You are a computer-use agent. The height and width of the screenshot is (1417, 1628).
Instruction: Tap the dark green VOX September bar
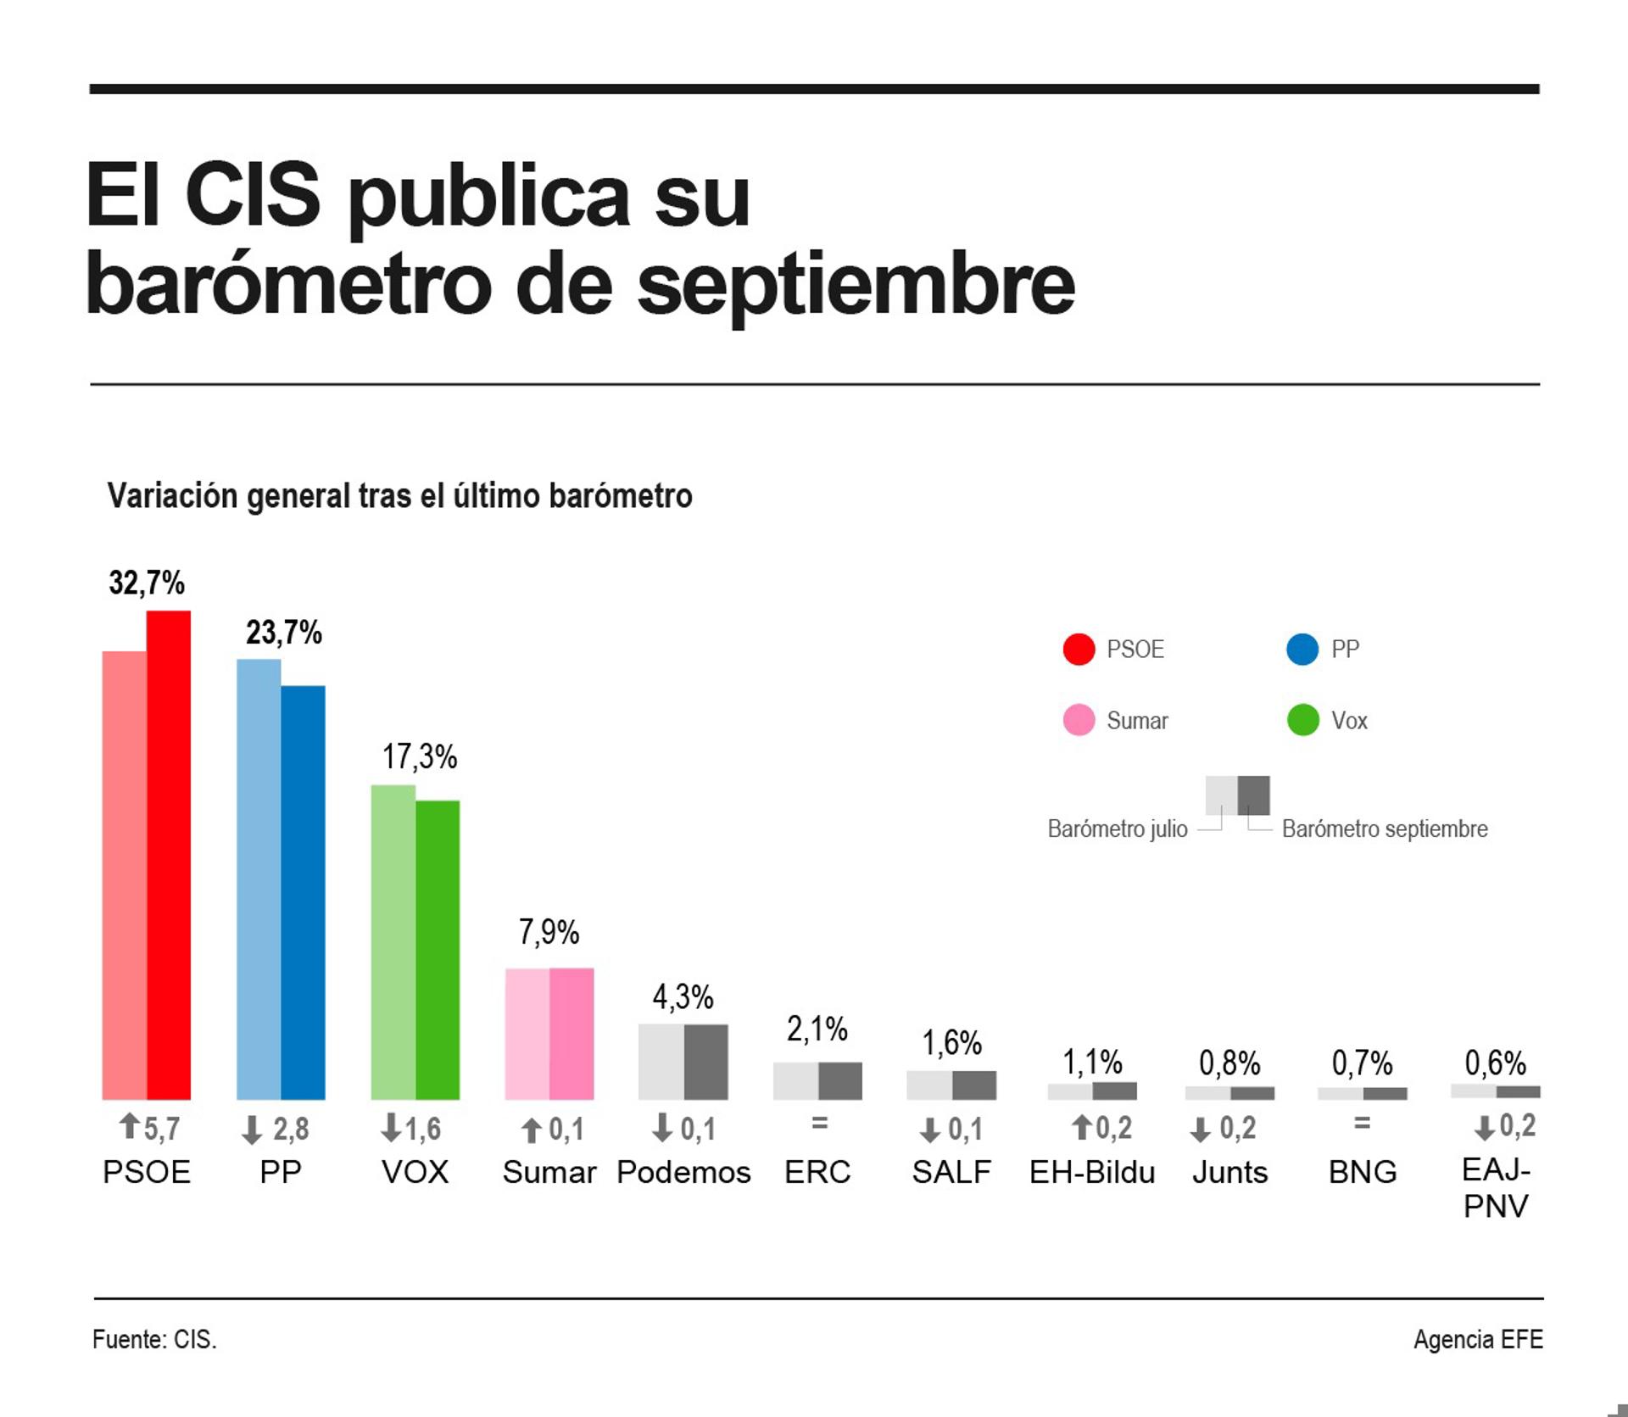438,950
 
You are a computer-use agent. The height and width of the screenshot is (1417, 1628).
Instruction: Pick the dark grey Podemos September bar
705,1062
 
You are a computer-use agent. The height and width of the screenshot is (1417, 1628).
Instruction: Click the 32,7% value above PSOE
147,583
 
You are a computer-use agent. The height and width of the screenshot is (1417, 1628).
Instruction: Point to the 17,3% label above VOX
419,756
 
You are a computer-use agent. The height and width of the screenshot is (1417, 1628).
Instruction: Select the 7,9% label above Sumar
549,932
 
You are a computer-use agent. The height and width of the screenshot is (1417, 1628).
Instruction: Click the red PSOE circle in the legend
1079,650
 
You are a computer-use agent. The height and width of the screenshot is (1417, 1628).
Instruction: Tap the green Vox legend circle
1302,720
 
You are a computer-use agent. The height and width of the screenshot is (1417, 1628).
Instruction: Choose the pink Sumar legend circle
1079,720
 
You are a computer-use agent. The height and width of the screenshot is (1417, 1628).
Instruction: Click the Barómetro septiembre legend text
1384,828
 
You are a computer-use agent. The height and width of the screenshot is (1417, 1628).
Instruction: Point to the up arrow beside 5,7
129,1127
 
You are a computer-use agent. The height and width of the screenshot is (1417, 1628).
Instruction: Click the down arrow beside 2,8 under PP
251,1130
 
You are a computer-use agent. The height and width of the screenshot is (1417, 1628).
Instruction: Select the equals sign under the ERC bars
818,1124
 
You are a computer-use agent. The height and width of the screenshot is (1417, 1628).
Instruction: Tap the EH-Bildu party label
1091,1172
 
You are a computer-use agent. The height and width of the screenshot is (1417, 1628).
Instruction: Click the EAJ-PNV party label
1496,1187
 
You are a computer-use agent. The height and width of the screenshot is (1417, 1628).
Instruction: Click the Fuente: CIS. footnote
154,1340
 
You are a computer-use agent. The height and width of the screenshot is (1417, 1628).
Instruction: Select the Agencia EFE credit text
1477,1340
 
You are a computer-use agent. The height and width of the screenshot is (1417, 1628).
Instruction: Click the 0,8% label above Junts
1229,1063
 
